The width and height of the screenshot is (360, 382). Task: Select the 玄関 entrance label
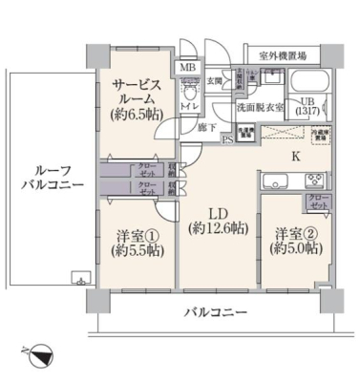(x=214, y=83)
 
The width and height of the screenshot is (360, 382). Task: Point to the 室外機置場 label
(x=276, y=56)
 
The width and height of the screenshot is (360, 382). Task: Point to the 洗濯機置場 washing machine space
(x=245, y=134)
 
